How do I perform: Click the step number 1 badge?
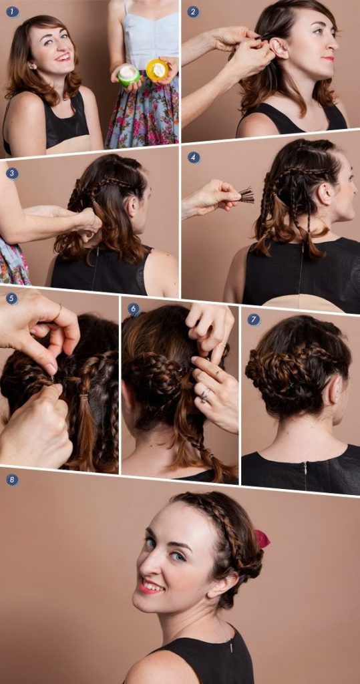tap(11, 11)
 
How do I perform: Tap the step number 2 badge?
tap(193, 11)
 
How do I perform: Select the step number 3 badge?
tap(11, 174)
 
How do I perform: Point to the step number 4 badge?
tap(194, 158)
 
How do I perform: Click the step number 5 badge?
tap(11, 299)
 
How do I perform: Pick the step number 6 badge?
tap(134, 309)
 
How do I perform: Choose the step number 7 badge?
tap(254, 319)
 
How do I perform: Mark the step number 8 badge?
tap(11, 480)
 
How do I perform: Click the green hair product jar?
tap(129, 75)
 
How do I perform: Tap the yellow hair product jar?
tap(157, 69)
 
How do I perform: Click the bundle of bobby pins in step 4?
tap(246, 195)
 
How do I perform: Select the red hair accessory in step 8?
tap(261, 539)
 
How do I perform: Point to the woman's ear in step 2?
tap(279, 49)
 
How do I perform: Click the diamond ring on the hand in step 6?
tap(205, 395)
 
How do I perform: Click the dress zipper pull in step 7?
tap(305, 466)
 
